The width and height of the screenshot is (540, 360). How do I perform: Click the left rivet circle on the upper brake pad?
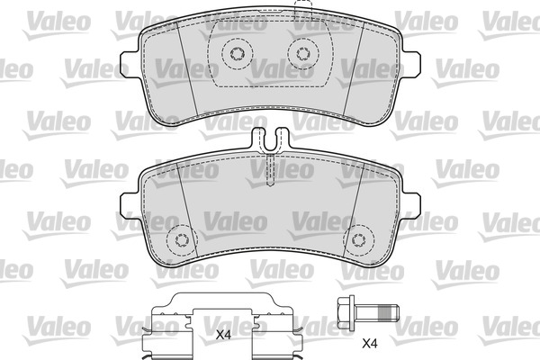click(x=238, y=54)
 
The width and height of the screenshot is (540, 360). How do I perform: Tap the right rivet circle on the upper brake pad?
click(x=300, y=54)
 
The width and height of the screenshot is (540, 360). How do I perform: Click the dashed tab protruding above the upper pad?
click(x=302, y=12)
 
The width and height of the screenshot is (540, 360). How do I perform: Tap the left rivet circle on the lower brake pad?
click(x=183, y=239)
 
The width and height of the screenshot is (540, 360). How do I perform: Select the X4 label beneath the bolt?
click(x=368, y=342)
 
